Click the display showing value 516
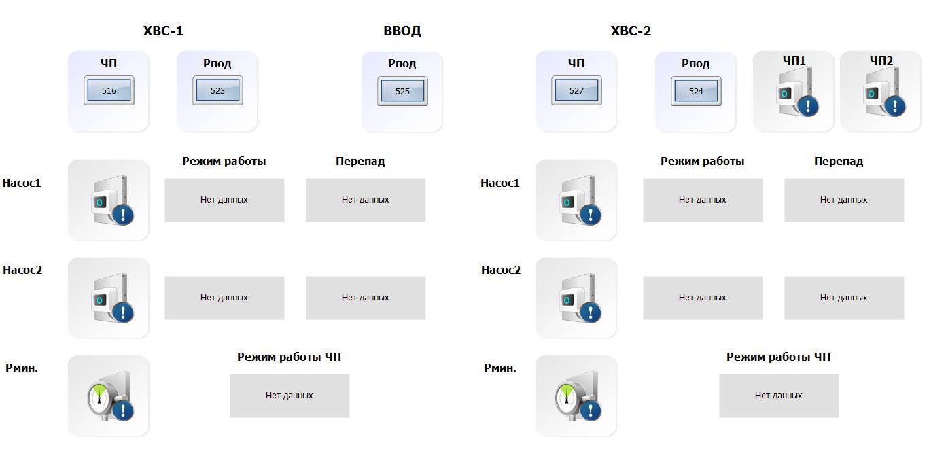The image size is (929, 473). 109,91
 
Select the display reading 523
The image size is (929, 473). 217,91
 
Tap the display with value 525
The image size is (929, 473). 402,91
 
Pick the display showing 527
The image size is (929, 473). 576,91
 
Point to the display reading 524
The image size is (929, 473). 696,91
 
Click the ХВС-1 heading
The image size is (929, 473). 163,31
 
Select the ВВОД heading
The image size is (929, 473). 402,31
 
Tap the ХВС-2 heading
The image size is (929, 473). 631,31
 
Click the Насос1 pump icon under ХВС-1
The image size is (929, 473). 109,200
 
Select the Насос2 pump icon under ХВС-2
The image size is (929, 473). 576,298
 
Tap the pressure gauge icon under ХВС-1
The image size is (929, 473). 109,396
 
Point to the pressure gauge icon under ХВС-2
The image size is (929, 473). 576,396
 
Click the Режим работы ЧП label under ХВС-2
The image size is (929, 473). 778,357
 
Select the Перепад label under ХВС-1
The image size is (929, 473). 360,161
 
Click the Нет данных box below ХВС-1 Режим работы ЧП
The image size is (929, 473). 290,396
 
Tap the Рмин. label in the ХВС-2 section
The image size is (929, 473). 500,368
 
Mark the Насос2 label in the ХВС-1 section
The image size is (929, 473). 22,270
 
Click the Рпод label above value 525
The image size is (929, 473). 402,63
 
